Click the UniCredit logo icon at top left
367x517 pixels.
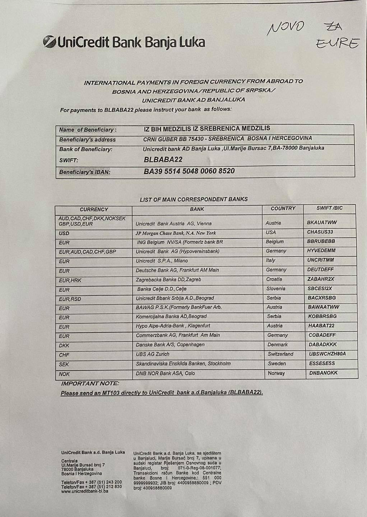coord(49,42)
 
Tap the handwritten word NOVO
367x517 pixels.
coord(286,28)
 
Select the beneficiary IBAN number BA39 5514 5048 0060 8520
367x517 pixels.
coord(189,171)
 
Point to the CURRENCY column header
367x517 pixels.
coord(94,209)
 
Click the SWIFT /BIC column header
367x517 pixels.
coord(329,208)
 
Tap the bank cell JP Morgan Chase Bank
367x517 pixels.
coord(176,233)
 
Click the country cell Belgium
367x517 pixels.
coord(275,242)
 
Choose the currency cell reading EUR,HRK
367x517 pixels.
coord(70,280)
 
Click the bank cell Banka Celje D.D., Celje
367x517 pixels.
coord(162,289)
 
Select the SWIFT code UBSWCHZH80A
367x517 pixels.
coord(327,354)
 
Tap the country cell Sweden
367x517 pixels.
coord(277,364)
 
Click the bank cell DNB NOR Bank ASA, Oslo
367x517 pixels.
coord(165,373)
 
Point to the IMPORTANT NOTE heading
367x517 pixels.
coord(90,383)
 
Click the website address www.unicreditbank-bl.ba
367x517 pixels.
coord(84,491)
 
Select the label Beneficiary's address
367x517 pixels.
coord(87,140)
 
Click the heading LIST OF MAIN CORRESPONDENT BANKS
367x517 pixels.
coord(194,199)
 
